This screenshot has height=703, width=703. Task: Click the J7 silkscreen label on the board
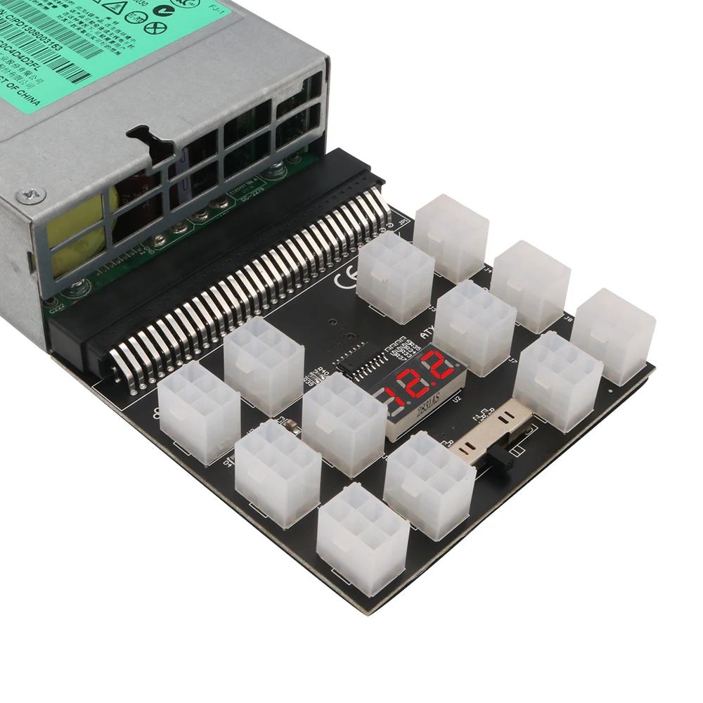click(513, 361)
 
